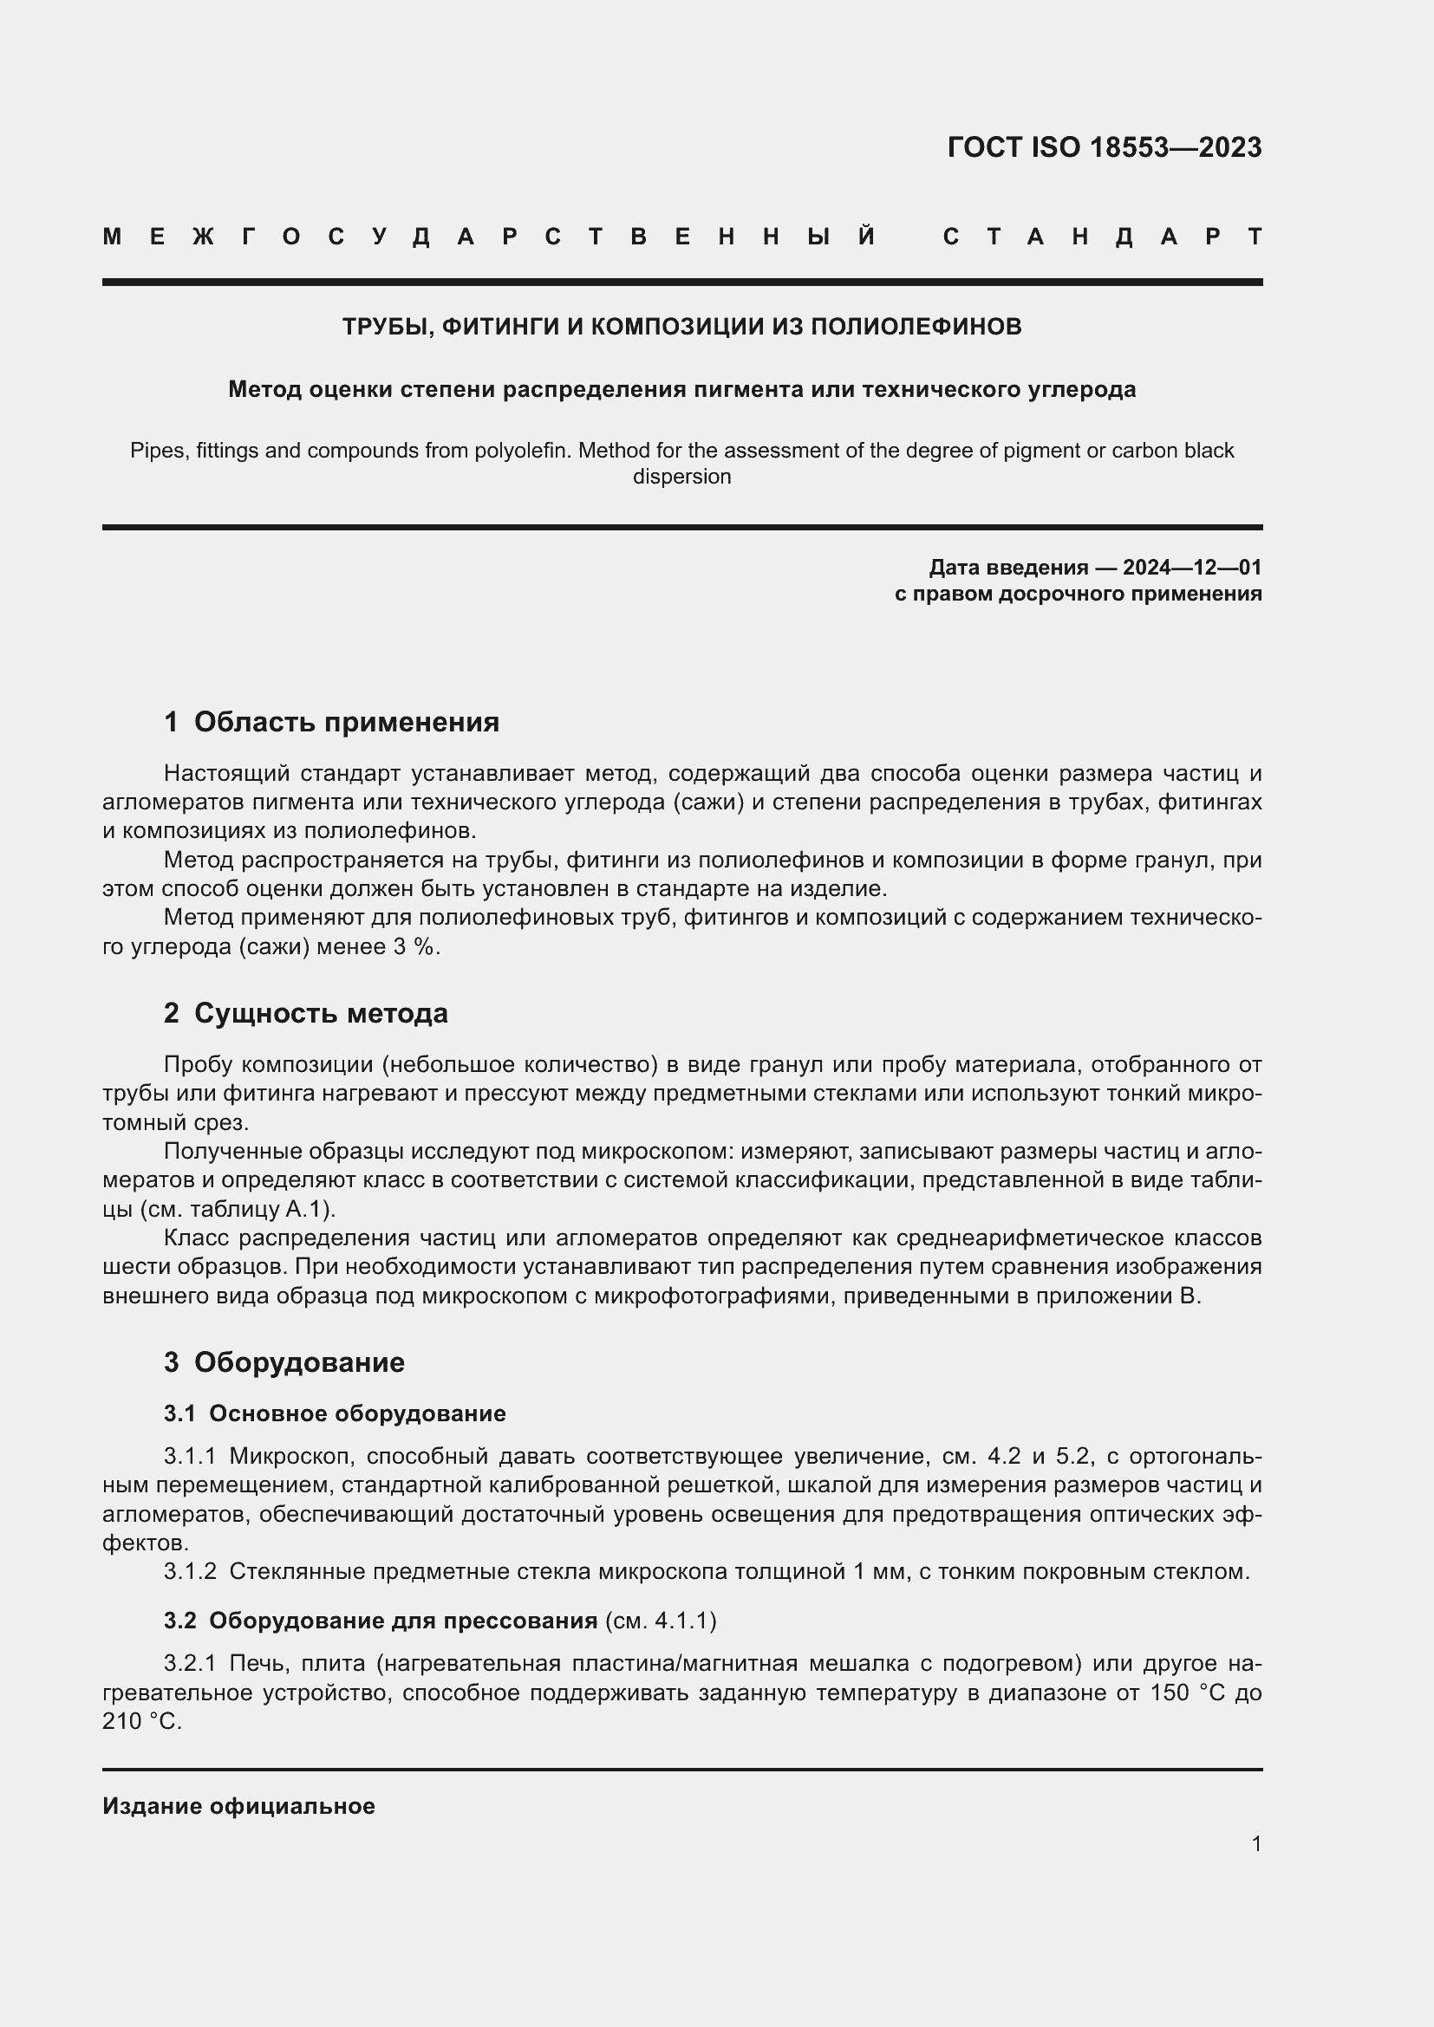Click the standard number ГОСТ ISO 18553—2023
click(x=1104, y=146)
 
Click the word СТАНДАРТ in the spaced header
click(x=1103, y=237)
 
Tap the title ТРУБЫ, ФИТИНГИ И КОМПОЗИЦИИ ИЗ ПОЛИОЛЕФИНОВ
click(x=681, y=327)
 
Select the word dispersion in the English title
click(x=681, y=477)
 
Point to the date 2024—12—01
click(x=1192, y=567)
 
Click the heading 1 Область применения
click(x=331, y=722)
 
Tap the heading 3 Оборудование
click(x=284, y=1361)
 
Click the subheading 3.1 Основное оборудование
click(x=335, y=1413)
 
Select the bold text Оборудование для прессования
click(x=403, y=1620)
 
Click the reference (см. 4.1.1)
click(x=661, y=1620)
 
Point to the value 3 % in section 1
click(x=415, y=947)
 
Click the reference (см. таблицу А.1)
click(x=238, y=1209)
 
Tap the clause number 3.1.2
click(x=190, y=1571)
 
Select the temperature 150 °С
click(x=1187, y=1692)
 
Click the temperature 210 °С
click(x=141, y=1722)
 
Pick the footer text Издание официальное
click(x=238, y=1806)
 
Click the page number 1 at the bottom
click(x=1256, y=1843)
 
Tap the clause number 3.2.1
click(x=190, y=1663)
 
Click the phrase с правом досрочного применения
click(x=1078, y=594)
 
